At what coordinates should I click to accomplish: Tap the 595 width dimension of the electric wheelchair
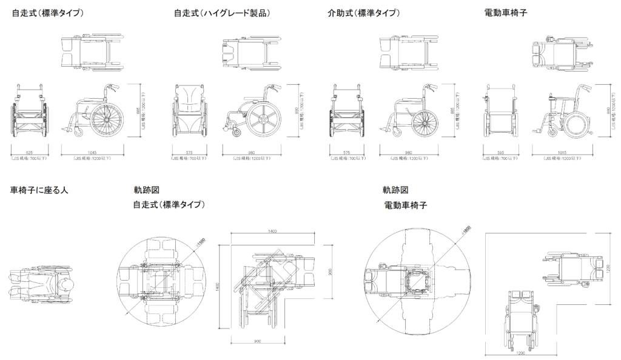tap(499, 152)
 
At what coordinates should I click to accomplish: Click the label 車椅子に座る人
tap(39, 190)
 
